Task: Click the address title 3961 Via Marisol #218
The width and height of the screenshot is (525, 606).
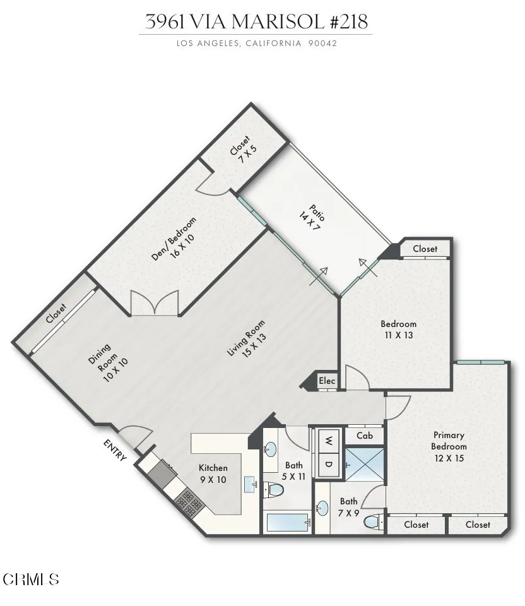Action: pos(256,21)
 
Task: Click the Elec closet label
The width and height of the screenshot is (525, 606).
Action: pos(327,381)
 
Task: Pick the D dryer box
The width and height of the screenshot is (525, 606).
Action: pos(329,465)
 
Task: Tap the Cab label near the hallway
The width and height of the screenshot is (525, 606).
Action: pos(365,436)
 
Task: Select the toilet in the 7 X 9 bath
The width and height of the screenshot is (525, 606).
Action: pos(372,521)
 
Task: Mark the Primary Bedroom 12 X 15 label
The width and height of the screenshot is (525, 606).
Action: pos(449,446)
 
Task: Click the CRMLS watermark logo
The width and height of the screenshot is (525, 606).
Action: pos(32,578)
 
